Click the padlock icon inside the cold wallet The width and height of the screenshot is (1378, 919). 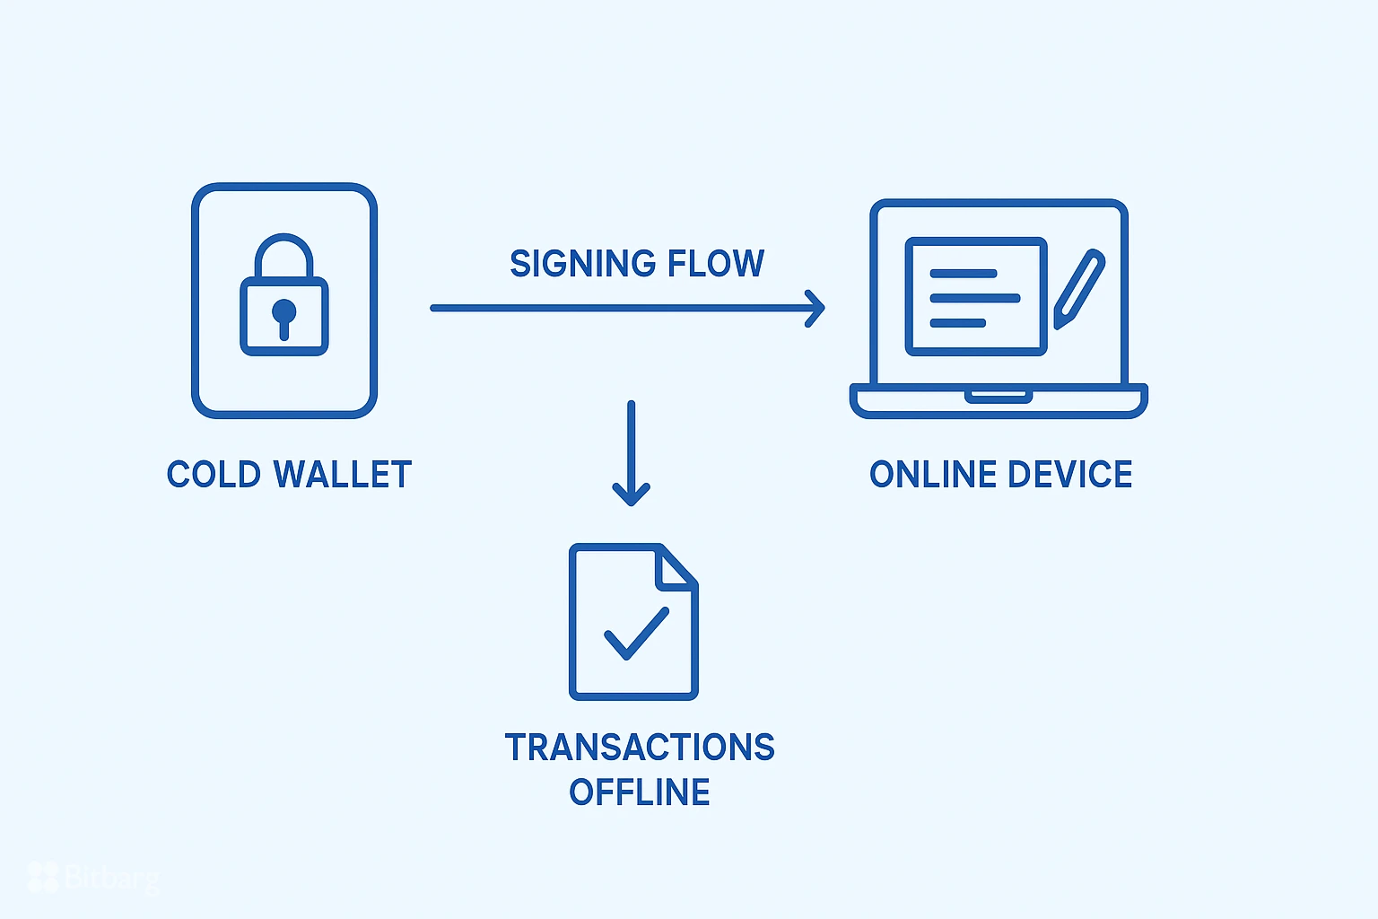(x=284, y=296)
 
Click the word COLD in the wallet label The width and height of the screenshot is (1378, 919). (x=213, y=475)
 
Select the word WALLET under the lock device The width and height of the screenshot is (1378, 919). (x=343, y=475)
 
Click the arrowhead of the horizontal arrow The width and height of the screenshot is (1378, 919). (x=815, y=308)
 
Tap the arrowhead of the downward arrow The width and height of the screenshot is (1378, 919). (x=632, y=495)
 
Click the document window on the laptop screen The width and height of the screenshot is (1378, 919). (x=976, y=296)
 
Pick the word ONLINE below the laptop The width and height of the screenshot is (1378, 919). (x=927, y=475)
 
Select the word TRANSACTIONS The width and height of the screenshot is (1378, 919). (x=640, y=748)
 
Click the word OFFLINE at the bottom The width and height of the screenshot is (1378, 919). (x=640, y=792)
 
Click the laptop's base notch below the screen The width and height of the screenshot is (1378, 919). (x=999, y=396)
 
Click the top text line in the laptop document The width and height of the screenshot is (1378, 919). (x=964, y=274)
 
